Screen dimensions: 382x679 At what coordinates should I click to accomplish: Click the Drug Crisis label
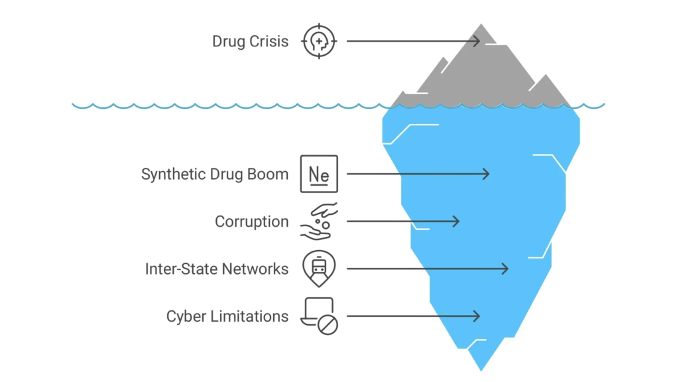pos(250,41)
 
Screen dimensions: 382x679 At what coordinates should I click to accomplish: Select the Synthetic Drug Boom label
pos(214,174)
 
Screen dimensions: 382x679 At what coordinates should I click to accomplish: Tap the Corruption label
pos(251,222)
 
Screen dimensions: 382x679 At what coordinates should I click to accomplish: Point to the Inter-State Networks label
pos(216,269)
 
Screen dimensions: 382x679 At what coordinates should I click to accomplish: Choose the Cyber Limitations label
pos(227,316)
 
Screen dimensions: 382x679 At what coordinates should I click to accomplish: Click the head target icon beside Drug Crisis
pos(319,41)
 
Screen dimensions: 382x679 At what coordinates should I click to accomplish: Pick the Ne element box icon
pos(319,174)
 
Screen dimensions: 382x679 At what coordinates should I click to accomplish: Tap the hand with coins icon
pos(319,222)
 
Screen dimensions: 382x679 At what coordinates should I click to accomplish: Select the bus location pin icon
pos(319,269)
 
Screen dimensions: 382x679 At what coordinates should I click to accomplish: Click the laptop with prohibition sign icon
pos(319,316)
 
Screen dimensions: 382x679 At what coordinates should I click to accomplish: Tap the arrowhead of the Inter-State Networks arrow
pos(506,269)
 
